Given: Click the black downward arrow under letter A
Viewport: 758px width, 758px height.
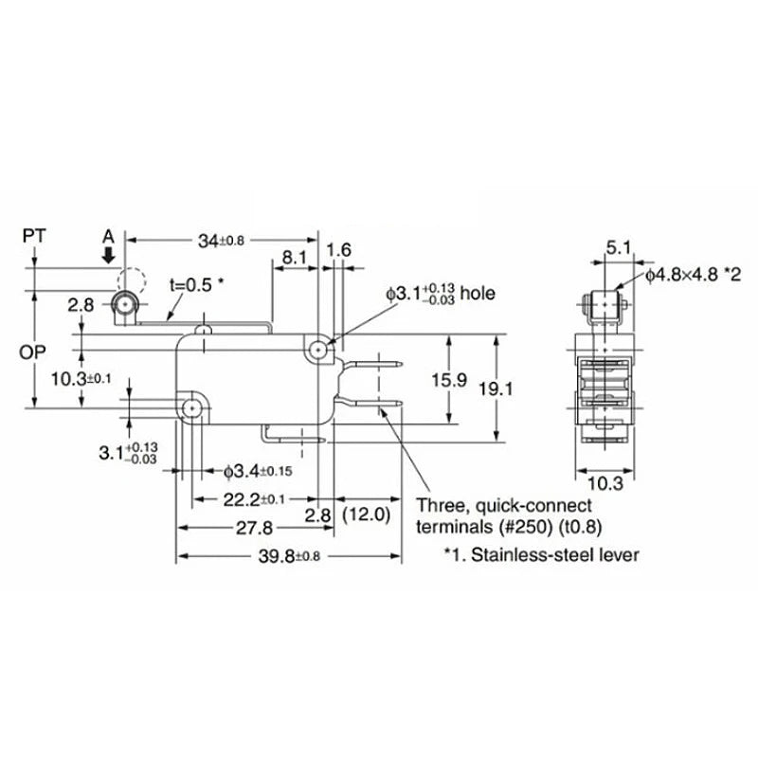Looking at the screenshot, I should pyautogui.click(x=109, y=254).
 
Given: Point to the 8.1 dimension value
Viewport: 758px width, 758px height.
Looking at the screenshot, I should pyautogui.click(x=295, y=255).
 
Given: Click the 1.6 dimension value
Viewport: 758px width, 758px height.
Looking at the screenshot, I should pyautogui.click(x=339, y=250).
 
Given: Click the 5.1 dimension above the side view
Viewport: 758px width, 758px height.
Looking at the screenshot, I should pyautogui.click(x=617, y=248).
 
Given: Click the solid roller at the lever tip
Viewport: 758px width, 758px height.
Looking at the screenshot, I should pyautogui.click(x=122, y=303).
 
